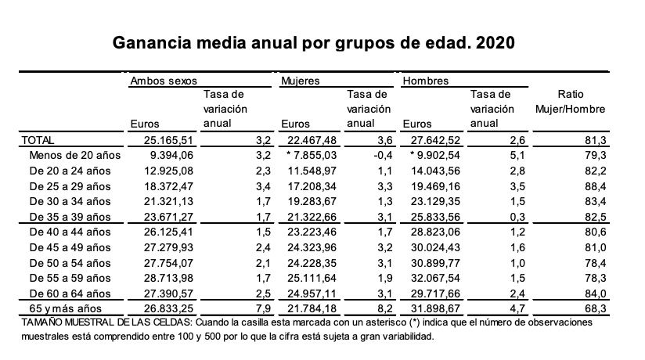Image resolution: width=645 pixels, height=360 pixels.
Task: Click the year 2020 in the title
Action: (x=493, y=41)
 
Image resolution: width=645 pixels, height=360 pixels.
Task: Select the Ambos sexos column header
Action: (x=163, y=80)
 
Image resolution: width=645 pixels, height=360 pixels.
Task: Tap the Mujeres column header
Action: (x=299, y=80)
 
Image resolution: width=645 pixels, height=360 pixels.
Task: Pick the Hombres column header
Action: (x=424, y=80)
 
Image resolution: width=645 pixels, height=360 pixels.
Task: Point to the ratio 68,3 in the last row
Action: (x=578, y=308)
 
